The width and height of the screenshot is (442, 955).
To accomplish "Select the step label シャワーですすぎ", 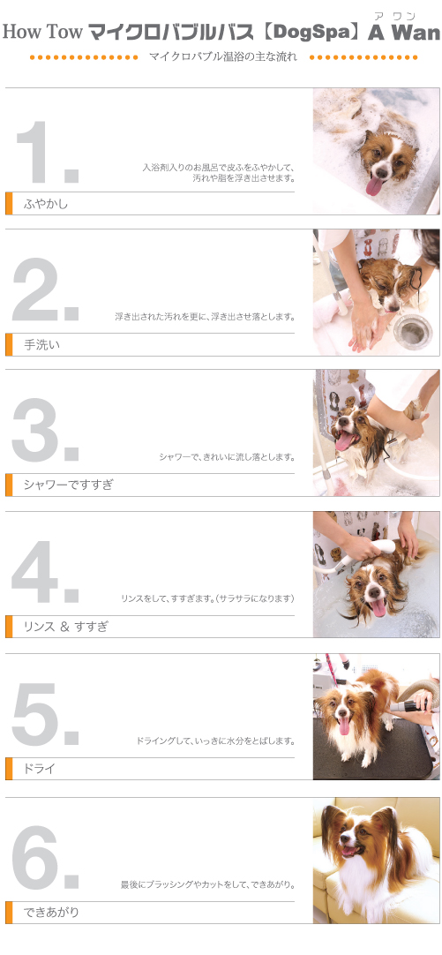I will point(68,485).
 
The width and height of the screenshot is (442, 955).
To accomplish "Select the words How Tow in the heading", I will point(42,33).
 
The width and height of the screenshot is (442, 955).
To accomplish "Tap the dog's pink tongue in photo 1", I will point(375,186).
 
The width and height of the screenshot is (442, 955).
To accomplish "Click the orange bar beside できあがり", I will point(9,912).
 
